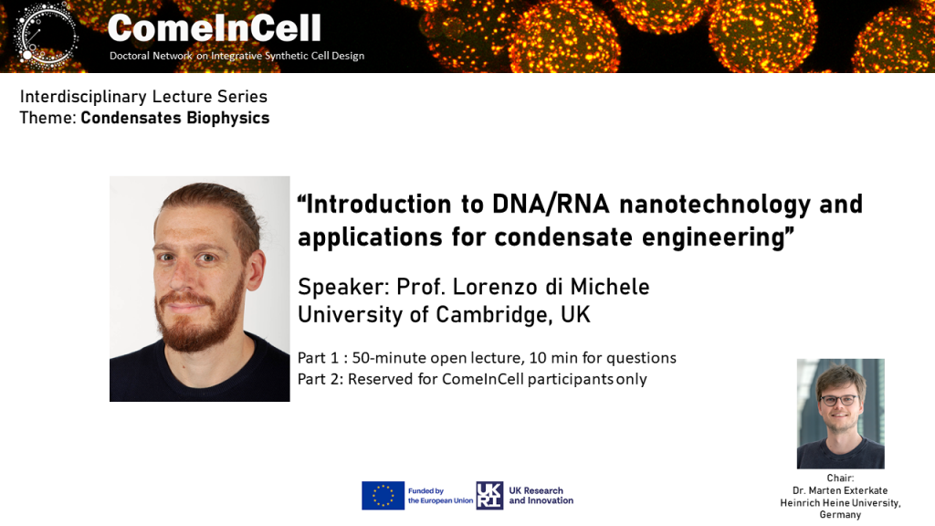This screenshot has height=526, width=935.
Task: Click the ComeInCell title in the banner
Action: tap(214, 28)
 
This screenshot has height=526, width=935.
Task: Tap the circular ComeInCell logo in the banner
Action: tap(46, 34)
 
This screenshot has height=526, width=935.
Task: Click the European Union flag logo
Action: tap(383, 496)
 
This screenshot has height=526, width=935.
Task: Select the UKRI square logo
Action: tap(489, 496)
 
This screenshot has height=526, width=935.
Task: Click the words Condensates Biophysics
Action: tap(175, 118)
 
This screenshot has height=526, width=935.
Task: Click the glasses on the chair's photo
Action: tap(838, 400)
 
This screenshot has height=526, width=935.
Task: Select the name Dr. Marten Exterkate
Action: tap(840, 490)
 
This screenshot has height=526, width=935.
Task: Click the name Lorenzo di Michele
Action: tap(551, 287)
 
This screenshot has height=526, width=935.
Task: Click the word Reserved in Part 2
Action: tap(381, 379)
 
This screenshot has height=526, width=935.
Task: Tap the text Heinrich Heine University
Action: tap(840, 503)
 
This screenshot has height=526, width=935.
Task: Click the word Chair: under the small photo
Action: tap(840, 478)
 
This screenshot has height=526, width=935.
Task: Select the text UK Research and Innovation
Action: tap(541, 496)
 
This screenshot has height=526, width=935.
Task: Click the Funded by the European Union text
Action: tap(441, 496)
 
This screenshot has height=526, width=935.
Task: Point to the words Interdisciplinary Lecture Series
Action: tap(143, 97)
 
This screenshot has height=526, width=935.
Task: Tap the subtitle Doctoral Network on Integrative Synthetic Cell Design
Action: tap(236, 56)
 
